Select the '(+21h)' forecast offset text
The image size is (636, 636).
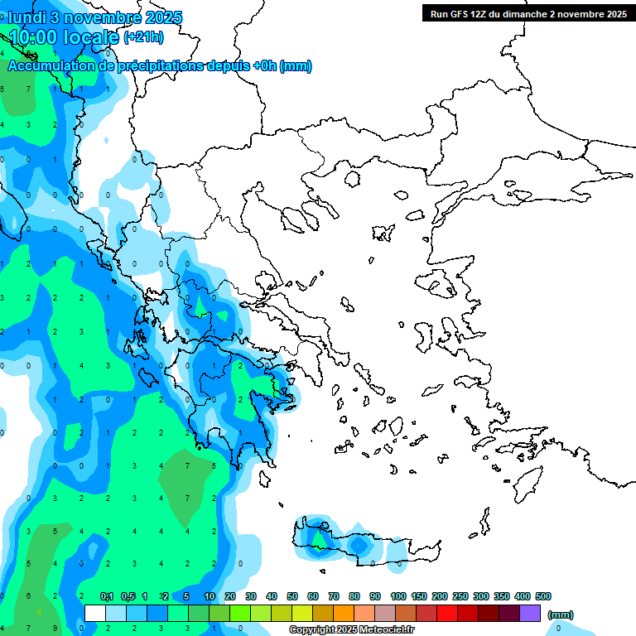pos(143,37)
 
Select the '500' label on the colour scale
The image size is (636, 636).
pos(543,596)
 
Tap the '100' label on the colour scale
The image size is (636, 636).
pos(397,596)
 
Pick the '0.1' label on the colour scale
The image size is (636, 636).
pos(107,596)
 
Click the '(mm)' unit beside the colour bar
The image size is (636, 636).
pos(561,614)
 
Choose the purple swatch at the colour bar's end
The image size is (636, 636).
pos(530,613)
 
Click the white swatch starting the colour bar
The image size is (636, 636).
pos(95,613)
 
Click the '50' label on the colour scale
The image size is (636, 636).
pos(292,596)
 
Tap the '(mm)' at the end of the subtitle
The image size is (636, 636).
pos(296,66)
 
